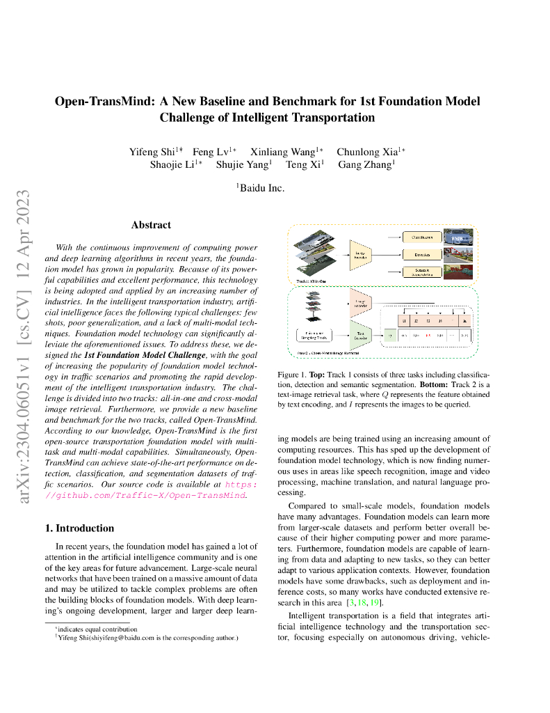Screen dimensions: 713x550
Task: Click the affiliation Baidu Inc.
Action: coord(261,187)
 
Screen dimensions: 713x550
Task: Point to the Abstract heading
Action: coord(151,225)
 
